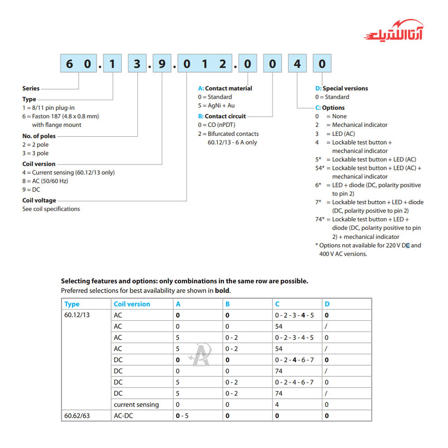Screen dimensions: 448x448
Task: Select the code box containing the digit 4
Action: click(x=297, y=64)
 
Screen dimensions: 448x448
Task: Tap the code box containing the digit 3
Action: click(x=137, y=64)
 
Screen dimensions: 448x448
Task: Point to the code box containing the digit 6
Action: click(x=69, y=64)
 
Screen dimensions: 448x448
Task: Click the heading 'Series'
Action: click(x=31, y=88)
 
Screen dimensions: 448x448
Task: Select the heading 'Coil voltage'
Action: click(x=39, y=200)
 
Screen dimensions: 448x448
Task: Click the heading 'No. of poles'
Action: click(x=39, y=136)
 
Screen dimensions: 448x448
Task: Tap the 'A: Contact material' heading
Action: click(x=225, y=88)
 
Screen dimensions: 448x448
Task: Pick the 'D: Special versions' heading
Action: click(x=341, y=88)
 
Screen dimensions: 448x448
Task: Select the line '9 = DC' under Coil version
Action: click(x=31, y=190)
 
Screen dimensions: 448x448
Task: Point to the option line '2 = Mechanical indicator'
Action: click(x=351, y=125)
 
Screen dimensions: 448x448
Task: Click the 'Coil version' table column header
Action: click(x=132, y=304)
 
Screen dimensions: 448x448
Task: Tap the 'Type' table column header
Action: click(x=72, y=304)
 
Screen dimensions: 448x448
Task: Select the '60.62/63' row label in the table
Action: click(x=77, y=416)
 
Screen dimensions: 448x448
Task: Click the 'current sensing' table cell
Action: click(x=136, y=405)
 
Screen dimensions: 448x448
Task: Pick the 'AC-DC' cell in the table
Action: click(x=123, y=416)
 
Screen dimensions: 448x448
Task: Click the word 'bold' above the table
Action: click(x=222, y=290)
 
